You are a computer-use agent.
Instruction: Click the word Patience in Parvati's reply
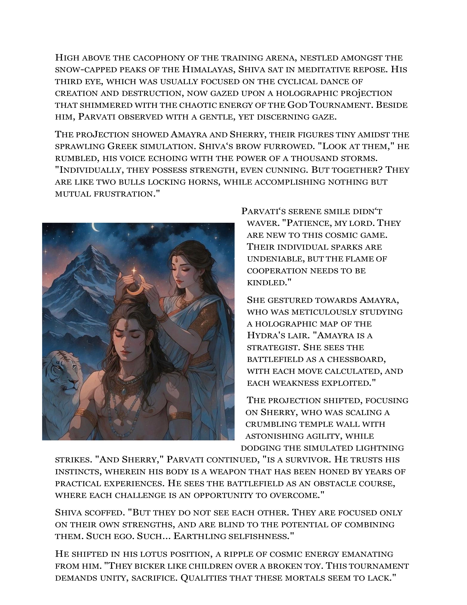307,223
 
